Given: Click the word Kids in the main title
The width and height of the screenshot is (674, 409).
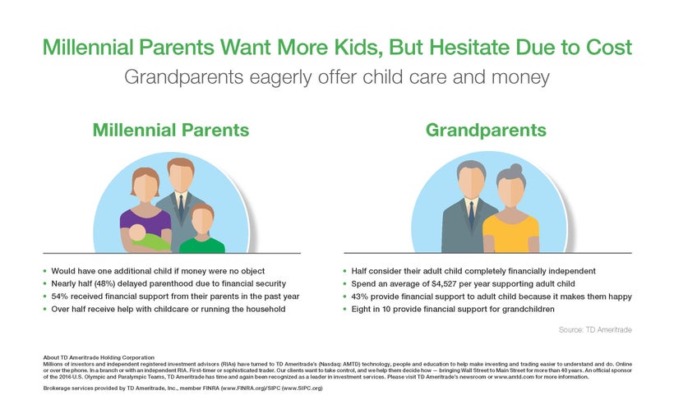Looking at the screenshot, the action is (358, 48).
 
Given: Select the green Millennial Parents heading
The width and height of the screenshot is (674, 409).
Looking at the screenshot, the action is (171, 131).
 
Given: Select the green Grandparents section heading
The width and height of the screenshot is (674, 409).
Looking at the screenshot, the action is (486, 131).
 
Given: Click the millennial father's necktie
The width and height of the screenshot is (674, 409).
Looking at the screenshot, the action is (181, 207).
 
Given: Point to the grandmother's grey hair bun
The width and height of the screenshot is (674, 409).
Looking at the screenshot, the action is (515, 168).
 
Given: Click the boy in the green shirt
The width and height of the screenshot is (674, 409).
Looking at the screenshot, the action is (202, 228).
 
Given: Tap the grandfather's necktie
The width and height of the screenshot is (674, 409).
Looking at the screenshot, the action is (472, 214).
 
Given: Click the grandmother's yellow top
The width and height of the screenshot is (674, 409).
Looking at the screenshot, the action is (510, 234).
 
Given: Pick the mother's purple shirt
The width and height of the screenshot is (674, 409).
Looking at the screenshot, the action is (145, 223).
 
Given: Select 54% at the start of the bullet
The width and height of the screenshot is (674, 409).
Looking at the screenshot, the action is (60, 296).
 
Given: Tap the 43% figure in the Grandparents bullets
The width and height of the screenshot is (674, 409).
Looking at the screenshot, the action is (360, 296).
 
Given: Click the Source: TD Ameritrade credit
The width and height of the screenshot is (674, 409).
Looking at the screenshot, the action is (595, 330).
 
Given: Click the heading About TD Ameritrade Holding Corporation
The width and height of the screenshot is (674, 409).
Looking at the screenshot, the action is (99, 357).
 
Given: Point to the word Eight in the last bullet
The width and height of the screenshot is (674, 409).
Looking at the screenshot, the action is (361, 310).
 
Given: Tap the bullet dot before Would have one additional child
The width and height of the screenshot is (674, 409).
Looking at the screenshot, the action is (44, 271).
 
